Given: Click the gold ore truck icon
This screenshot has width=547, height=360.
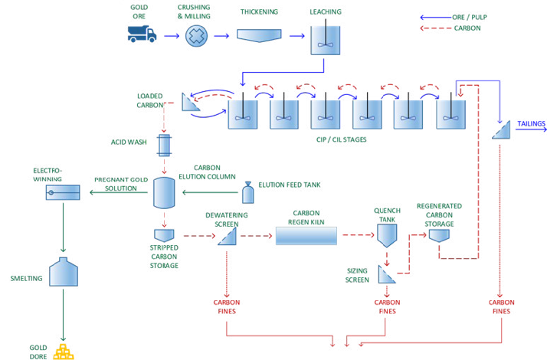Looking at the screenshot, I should coord(142,34).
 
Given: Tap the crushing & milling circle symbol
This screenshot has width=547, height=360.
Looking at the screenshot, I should coord(198,35).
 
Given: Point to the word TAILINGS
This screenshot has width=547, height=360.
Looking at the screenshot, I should coord(530,123).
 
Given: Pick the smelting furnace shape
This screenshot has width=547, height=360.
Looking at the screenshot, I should coord(61,273).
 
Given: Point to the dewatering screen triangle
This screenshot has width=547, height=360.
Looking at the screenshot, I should coord(227,237).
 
